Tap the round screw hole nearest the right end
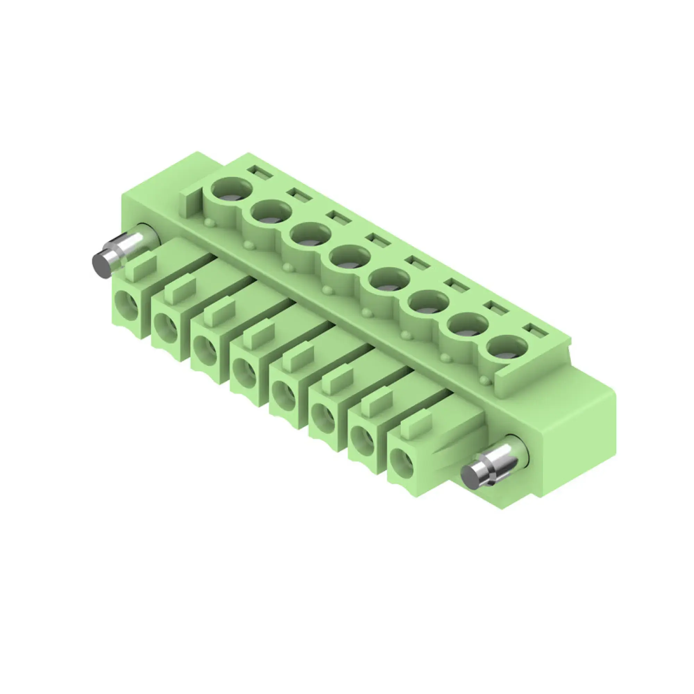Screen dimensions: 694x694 coord(507,347)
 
